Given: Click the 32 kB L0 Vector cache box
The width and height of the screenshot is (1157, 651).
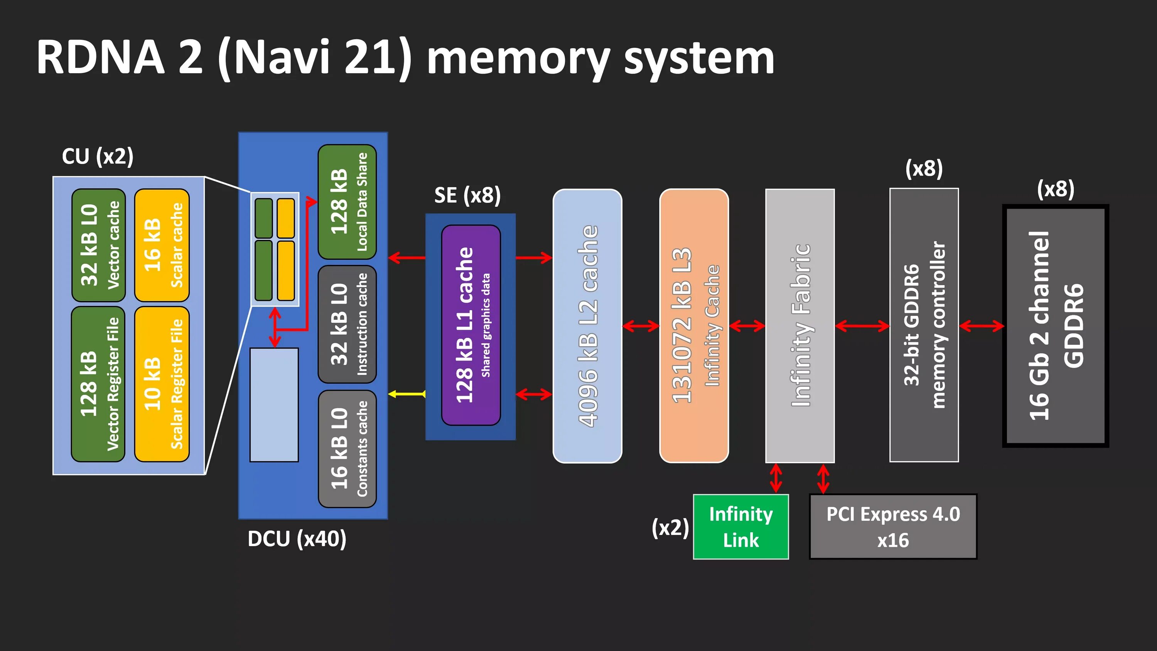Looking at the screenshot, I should [x=99, y=245].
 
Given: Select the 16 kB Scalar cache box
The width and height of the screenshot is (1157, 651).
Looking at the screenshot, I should [x=162, y=245].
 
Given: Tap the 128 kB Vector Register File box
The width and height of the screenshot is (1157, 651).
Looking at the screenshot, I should [x=98, y=384].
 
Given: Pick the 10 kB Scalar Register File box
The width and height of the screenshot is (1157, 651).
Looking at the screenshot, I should [x=162, y=384].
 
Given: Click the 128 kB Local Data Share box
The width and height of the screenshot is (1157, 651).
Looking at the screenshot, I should [x=347, y=202].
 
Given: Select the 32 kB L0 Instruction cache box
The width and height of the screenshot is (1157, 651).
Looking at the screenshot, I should [x=347, y=324].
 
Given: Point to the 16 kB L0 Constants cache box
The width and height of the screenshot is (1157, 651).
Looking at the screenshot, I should [x=347, y=449].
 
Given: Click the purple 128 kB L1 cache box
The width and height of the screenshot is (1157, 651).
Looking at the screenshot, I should [x=471, y=325].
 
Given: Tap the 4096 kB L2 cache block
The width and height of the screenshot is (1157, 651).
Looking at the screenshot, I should [x=587, y=326].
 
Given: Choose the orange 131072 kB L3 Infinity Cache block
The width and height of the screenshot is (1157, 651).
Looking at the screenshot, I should [x=694, y=326].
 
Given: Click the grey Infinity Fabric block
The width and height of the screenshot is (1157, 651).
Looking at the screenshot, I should [x=800, y=326].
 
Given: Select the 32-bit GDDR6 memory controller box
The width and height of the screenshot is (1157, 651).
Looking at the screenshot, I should [x=924, y=325].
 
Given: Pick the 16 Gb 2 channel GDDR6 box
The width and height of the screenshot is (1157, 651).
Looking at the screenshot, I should [x=1056, y=326].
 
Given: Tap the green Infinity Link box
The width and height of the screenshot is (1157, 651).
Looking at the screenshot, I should [x=740, y=526].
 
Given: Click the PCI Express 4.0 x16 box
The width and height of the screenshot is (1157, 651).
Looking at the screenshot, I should [x=893, y=526].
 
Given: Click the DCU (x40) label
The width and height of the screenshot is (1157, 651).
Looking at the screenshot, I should [x=297, y=539].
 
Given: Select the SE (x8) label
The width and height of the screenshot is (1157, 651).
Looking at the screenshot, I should [x=467, y=195].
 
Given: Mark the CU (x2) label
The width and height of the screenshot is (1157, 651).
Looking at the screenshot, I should [x=98, y=156].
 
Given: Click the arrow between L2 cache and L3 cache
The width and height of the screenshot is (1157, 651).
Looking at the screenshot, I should [x=641, y=326].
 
